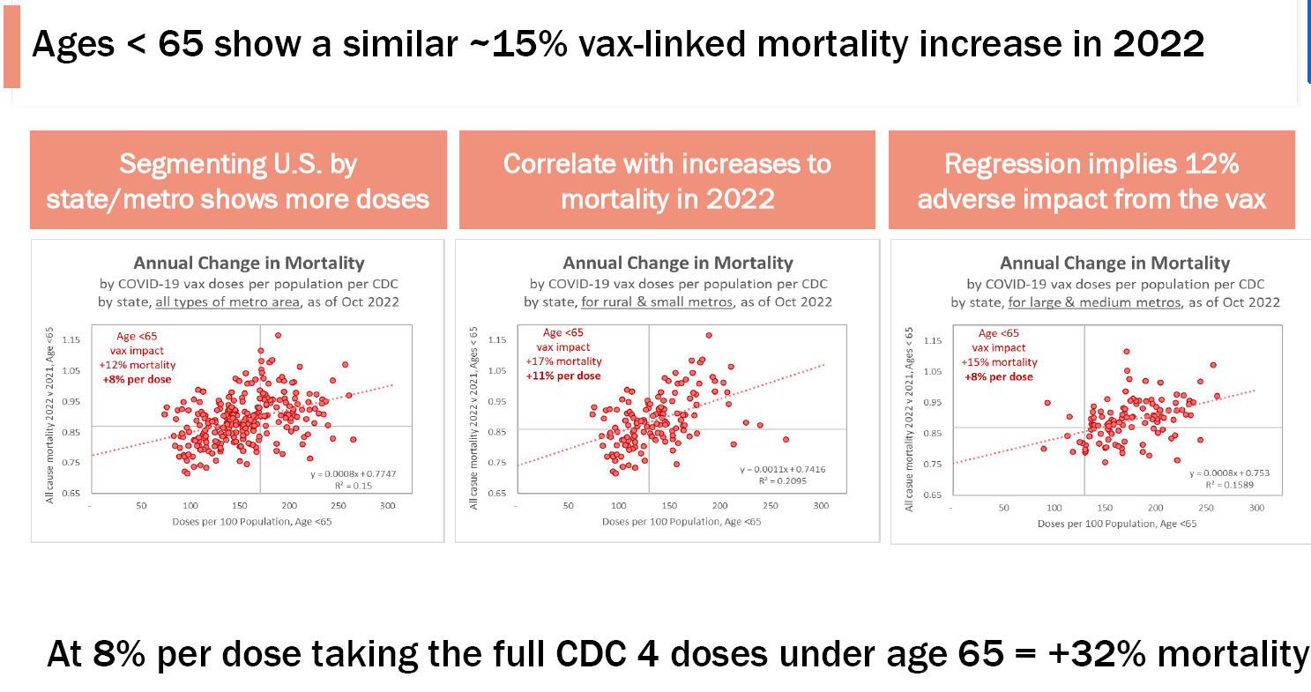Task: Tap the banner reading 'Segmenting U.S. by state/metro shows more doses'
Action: pyautogui.click(x=238, y=180)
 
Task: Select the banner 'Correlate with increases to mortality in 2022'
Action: pyautogui.click(x=667, y=180)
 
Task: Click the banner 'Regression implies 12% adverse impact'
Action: pyautogui.click(x=1091, y=180)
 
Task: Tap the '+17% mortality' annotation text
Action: pyautogui.click(x=564, y=361)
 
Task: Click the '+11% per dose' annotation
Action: pyautogui.click(x=564, y=376)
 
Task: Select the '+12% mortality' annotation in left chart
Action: pyautogui.click(x=137, y=365)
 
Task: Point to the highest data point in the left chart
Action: pyautogui.click(x=278, y=335)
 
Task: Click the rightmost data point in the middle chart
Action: pyautogui.click(x=786, y=439)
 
